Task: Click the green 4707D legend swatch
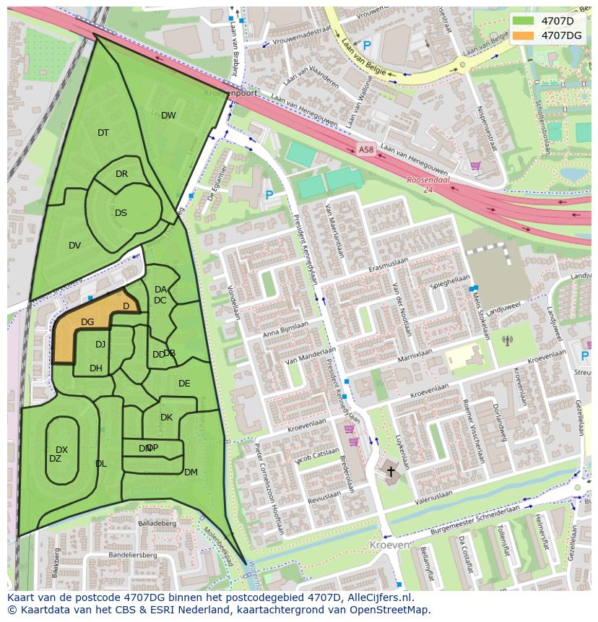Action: (524, 21)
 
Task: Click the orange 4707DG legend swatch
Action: (524, 35)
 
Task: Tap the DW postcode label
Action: (168, 116)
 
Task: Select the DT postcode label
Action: (103, 133)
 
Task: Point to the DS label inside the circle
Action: (121, 213)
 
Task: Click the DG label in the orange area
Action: (87, 322)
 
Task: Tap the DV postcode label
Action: (74, 246)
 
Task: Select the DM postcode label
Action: (191, 472)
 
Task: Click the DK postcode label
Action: (166, 418)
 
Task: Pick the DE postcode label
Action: (184, 384)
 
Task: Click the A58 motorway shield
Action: (366, 150)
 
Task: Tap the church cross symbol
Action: (391, 472)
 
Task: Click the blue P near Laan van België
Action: (366, 46)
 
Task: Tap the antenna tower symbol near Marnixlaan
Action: (506, 340)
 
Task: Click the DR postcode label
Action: (121, 174)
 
